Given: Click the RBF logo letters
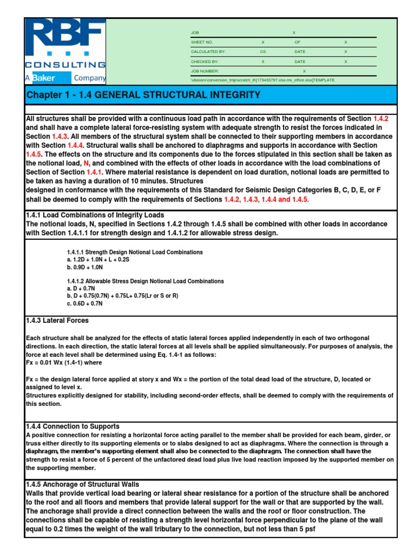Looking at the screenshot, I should pos(65,37).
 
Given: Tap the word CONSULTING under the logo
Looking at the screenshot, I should pos(65,65).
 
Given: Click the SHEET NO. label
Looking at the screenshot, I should pos(202,42).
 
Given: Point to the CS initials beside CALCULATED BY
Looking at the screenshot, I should pos(263,52).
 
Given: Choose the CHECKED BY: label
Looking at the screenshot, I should pos(204,61).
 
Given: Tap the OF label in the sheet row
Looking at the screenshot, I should pos(297,42).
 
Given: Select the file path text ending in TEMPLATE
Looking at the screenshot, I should pos(263,80).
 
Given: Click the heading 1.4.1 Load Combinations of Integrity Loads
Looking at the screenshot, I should pos(95,215).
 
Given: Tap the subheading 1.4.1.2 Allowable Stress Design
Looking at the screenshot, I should pos(145,281).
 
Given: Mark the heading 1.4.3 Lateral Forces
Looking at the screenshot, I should pos(58,320).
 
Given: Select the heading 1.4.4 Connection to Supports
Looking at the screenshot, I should pos(73,426).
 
